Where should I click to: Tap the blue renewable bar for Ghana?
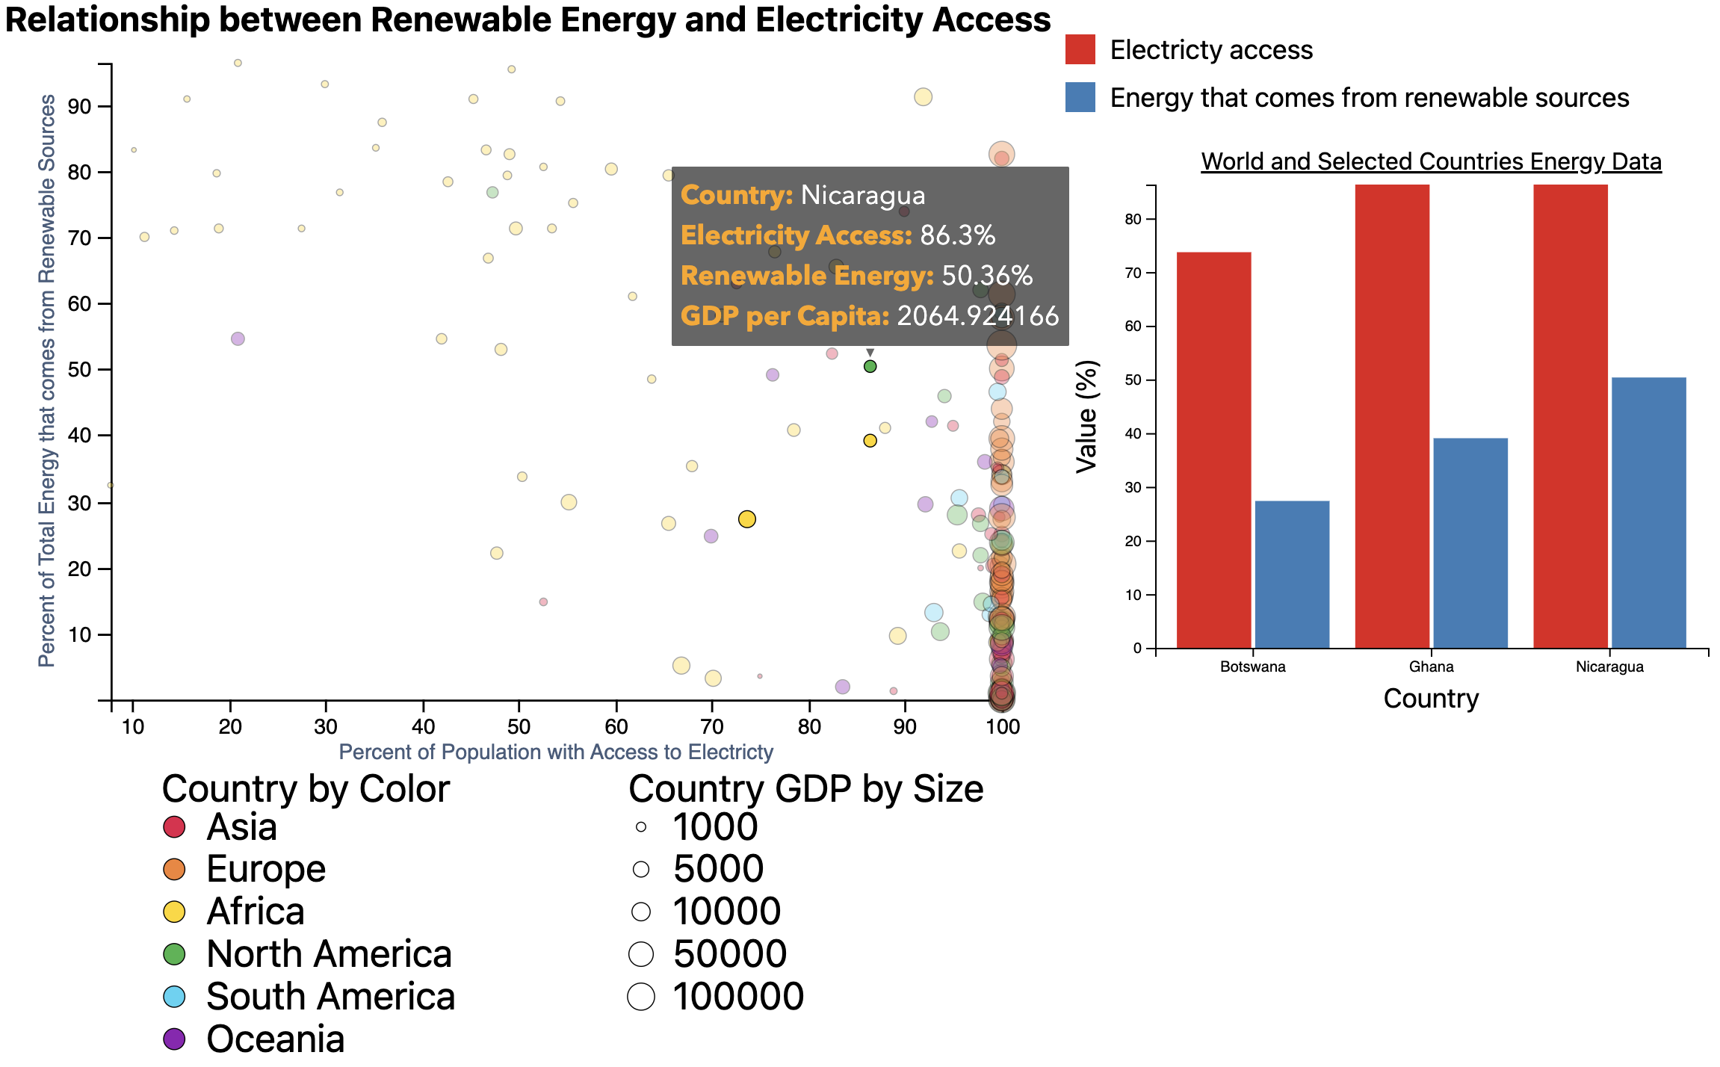(1470, 542)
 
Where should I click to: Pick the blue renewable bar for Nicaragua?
(1648, 513)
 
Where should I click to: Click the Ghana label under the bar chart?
(1431, 667)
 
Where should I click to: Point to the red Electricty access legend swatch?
(1080, 49)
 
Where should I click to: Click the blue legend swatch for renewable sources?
(1080, 97)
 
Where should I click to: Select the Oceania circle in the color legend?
(174, 1039)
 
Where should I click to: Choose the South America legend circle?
(174, 996)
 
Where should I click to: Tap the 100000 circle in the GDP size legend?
(641, 996)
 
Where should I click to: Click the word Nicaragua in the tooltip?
(862, 195)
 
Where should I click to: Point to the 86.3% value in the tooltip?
(957, 235)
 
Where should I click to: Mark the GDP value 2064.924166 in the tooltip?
(977, 316)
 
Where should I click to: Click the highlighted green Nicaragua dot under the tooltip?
(870, 366)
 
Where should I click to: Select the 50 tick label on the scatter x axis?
(519, 726)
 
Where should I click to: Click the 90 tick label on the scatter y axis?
(79, 106)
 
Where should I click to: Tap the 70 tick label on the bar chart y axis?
(1133, 273)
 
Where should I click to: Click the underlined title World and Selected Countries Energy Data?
(1431, 161)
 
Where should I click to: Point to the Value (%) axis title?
(1087, 416)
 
